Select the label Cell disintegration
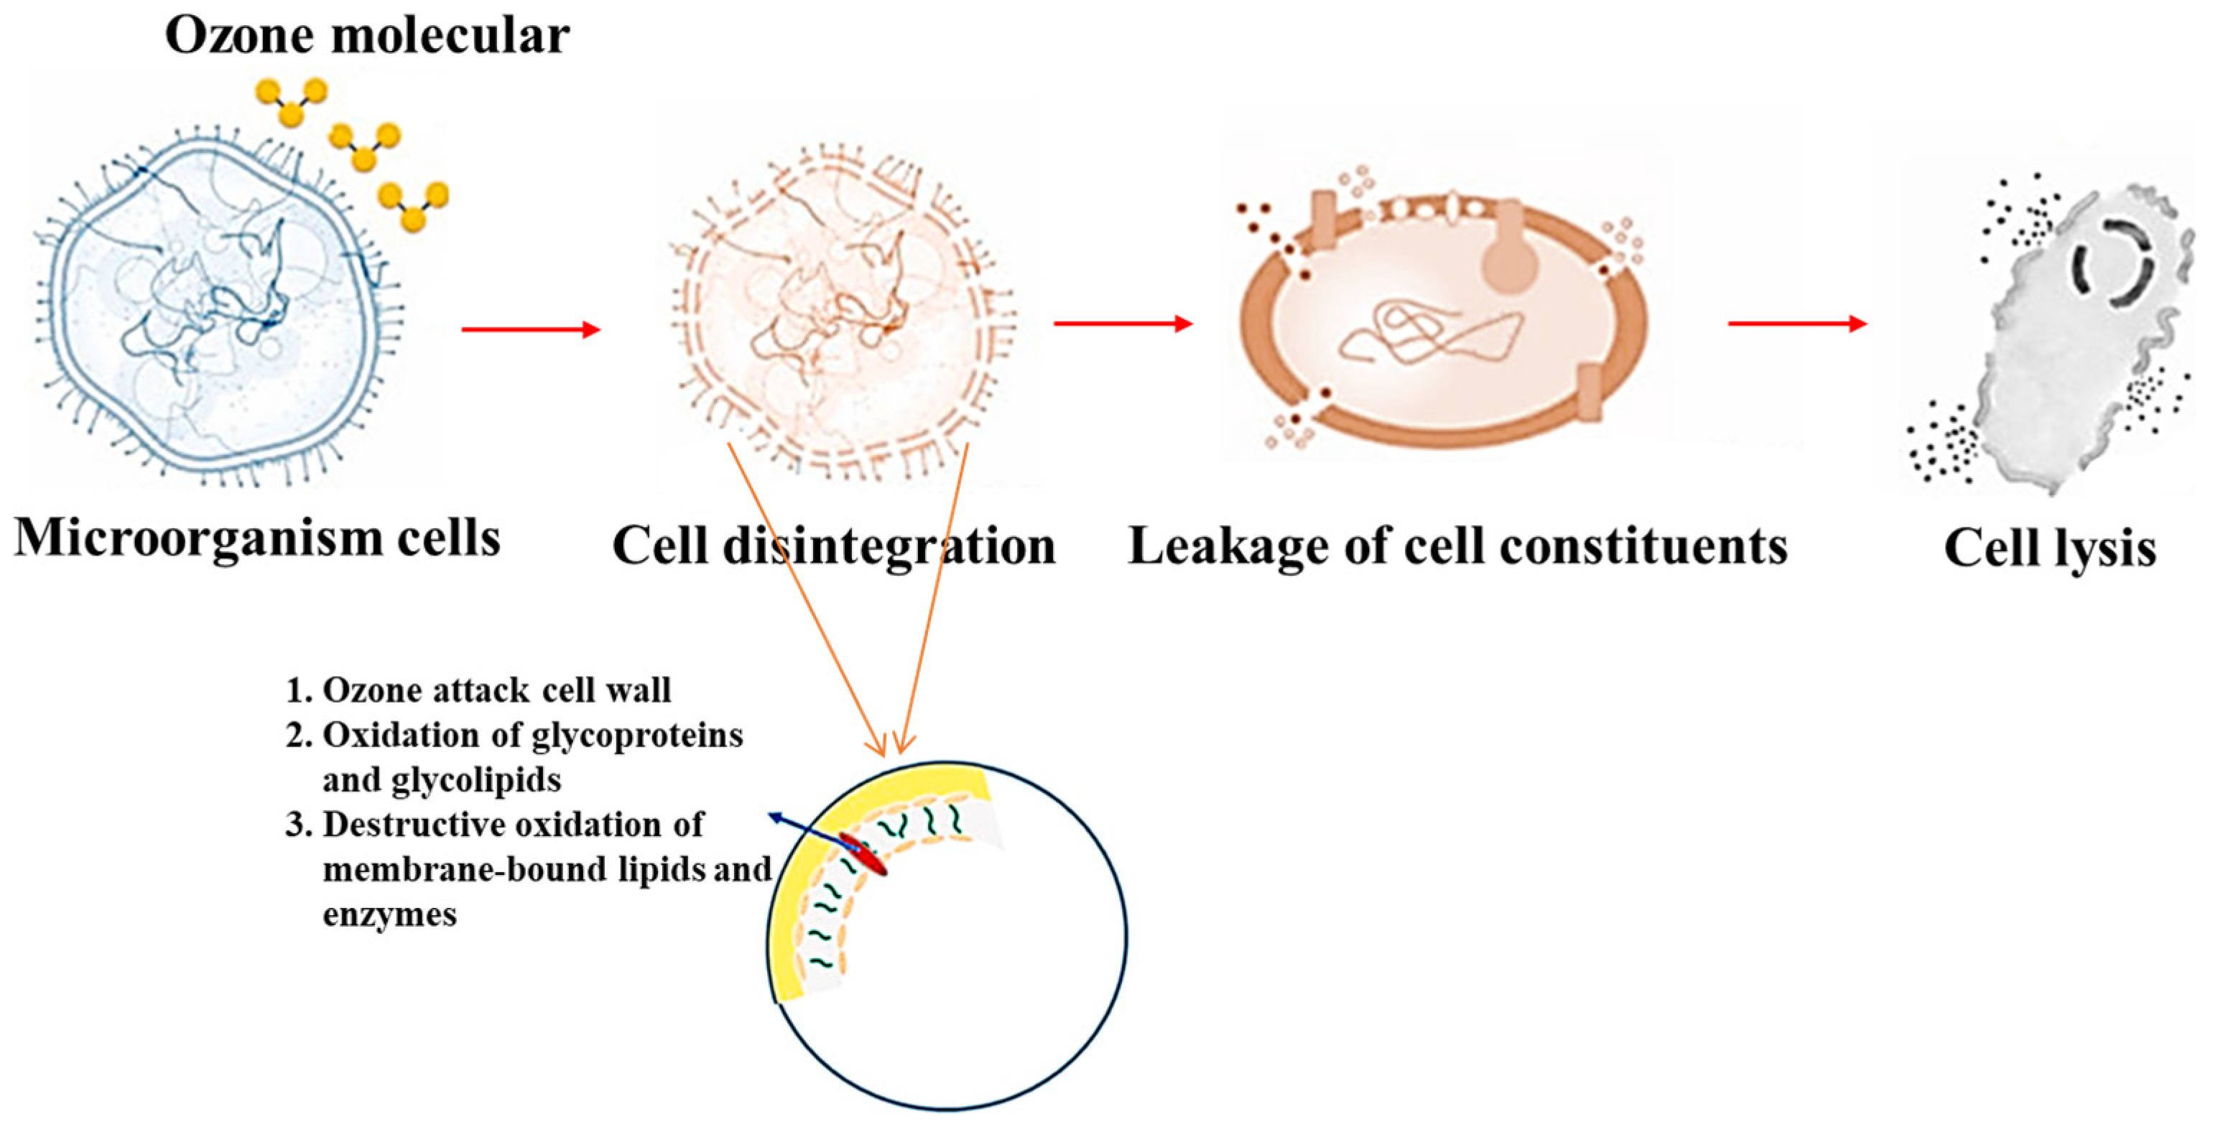[833, 546]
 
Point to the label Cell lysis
[2050, 548]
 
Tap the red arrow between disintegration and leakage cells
[1122, 324]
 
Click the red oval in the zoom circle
[863, 853]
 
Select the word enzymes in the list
[390, 914]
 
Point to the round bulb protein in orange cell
[1508, 262]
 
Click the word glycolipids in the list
[476, 780]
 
